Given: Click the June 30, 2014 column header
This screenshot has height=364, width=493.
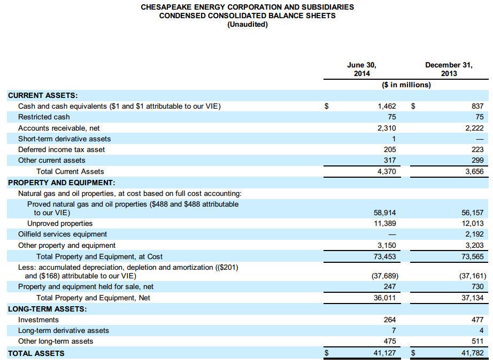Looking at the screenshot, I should tap(361, 69).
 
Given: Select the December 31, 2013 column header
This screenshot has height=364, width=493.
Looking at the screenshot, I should tap(449, 69).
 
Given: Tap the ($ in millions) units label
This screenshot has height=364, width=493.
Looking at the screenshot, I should tap(406, 85).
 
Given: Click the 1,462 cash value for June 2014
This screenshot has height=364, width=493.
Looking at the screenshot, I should tap(387, 106).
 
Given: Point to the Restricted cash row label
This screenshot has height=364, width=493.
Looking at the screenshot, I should tap(44, 117).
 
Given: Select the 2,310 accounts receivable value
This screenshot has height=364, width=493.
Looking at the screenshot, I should tap(387, 128).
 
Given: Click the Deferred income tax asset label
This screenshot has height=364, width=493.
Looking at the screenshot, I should tap(61, 149).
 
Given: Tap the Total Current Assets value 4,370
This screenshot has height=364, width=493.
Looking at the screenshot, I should tap(387, 171).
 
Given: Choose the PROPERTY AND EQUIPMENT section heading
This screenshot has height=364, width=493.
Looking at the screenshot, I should tap(61, 183).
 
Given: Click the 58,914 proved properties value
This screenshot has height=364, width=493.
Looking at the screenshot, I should tap(384, 213).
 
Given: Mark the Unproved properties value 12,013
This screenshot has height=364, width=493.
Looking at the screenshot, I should tap(472, 223).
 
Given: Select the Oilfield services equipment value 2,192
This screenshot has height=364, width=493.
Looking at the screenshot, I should tap(474, 234).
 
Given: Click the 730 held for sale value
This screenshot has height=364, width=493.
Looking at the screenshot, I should tap(477, 287).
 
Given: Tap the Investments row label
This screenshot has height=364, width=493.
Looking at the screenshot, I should tap(38, 320).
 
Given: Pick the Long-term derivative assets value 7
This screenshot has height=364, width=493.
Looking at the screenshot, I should tap(394, 330).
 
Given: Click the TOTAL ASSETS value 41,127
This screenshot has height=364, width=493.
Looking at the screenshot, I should tap(384, 353).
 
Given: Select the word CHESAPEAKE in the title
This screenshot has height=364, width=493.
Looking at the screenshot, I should tap(164, 7).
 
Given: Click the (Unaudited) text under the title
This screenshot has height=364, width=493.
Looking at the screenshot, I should tap(247, 24).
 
